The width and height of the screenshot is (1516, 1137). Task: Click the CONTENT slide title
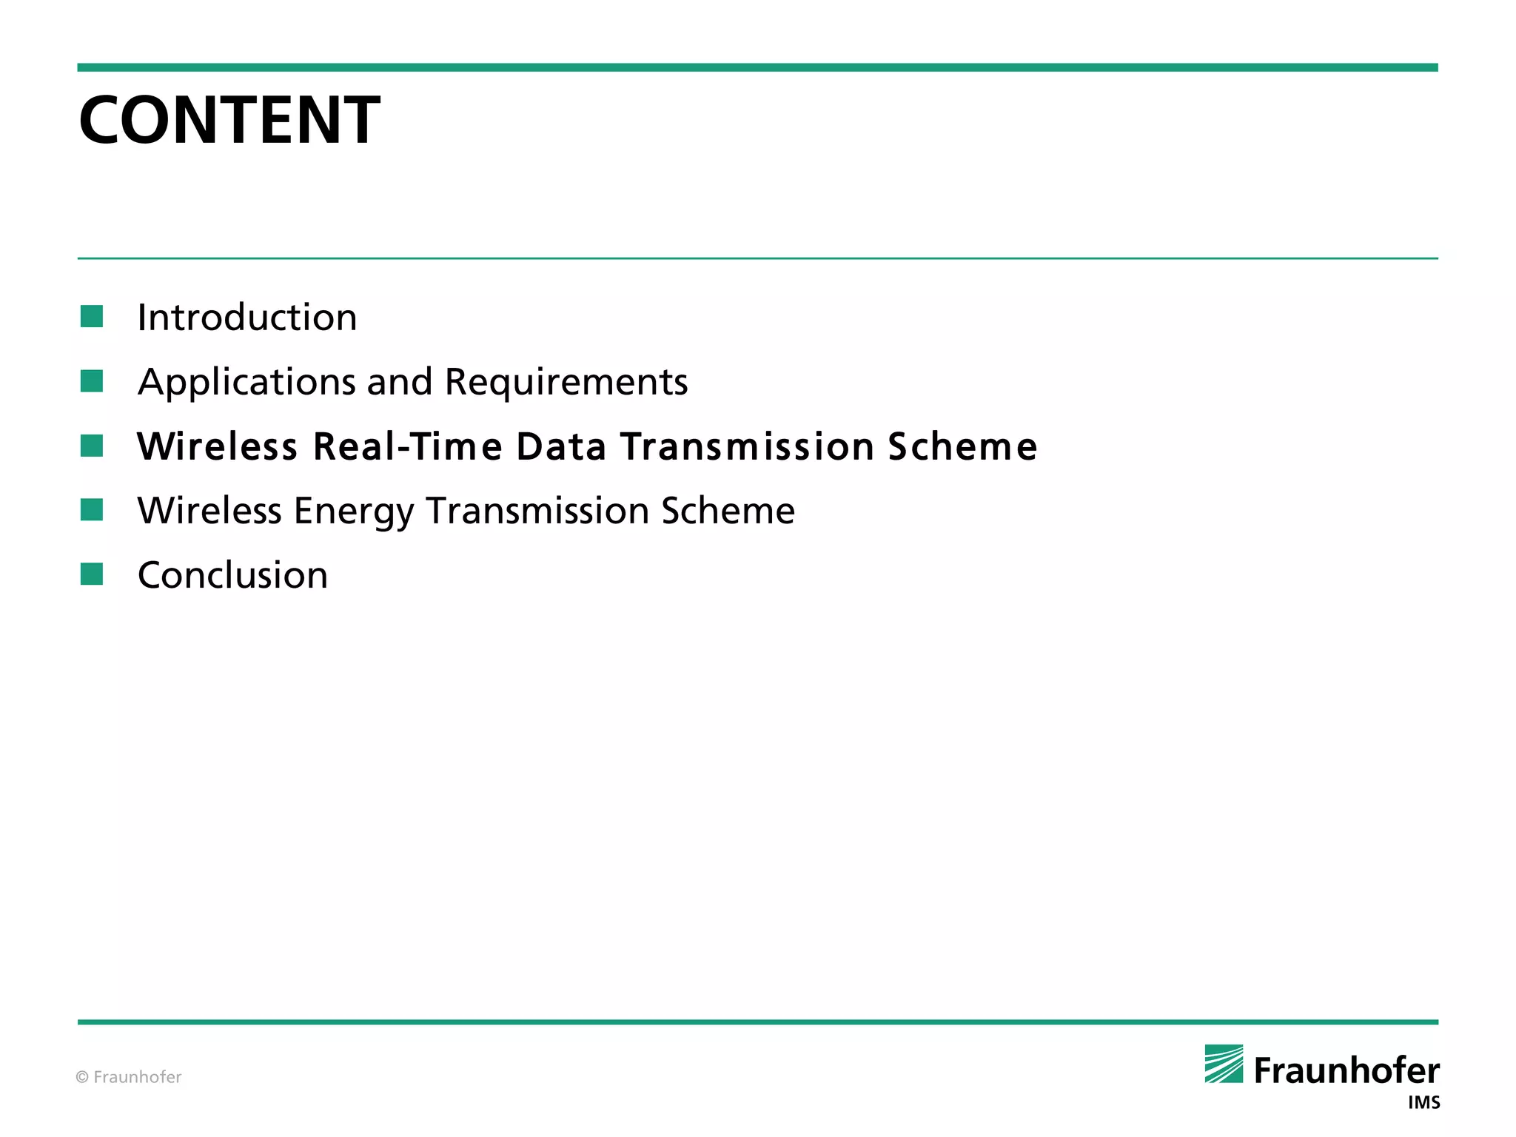point(229,120)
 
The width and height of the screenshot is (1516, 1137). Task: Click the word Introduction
point(247,318)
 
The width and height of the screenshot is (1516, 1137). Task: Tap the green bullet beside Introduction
point(92,317)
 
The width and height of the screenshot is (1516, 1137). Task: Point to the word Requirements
point(566,383)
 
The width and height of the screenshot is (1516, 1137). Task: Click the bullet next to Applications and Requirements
point(92,381)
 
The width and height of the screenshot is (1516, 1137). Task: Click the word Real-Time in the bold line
point(408,446)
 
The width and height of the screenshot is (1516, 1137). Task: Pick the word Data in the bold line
point(561,446)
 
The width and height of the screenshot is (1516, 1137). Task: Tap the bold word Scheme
point(962,446)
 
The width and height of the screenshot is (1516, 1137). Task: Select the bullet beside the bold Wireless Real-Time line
point(92,446)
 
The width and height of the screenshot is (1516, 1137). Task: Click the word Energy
point(354,512)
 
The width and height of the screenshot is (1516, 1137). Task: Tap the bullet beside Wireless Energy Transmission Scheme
point(92,510)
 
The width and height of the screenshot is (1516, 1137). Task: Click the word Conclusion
point(232,575)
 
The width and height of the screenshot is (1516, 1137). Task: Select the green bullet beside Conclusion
point(92,574)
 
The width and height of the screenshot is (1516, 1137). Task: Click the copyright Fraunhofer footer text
point(129,1077)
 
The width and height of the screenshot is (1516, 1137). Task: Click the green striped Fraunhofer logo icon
point(1224,1064)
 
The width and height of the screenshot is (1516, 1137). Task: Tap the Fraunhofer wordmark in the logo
point(1346,1071)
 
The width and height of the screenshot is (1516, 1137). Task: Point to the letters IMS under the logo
point(1423,1103)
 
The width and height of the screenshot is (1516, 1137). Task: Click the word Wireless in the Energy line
point(209,511)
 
